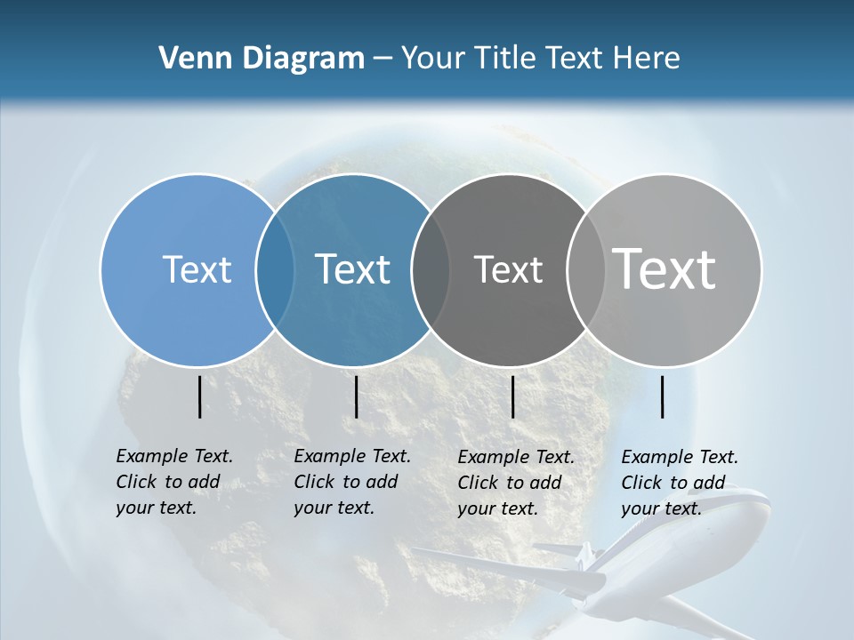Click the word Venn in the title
[x=189, y=59]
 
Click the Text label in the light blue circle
[x=197, y=269]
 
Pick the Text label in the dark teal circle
[x=352, y=269]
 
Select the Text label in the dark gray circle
[x=508, y=269]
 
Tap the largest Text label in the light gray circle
[x=664, y=268]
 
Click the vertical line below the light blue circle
[x=200, y=397]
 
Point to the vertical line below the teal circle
[x=356, y=397]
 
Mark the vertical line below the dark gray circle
[x=513, y=397]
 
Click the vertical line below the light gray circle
[x=663, y=397]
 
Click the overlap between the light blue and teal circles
[x=275, y=269]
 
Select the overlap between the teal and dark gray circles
[x=431, y=269]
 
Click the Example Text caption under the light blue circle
[x=173, y=482]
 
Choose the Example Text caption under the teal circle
[x=351, y=482]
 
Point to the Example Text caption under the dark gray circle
[x=515, y=483]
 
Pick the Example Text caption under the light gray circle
[x=679, y=483]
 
